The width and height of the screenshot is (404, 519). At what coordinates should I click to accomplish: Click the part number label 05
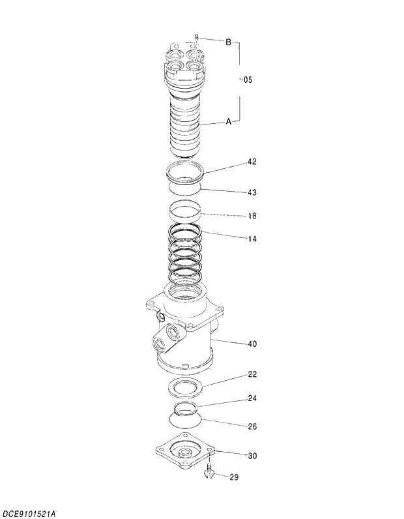pyautogui.click(x=248, y=80)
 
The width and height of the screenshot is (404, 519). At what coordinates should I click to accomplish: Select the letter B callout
pyautogui.click(x=229, y=42)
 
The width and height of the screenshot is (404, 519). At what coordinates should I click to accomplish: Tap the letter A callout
pyautogui.click(x=229, y=121)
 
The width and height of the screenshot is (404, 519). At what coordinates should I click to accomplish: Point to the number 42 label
pyautogui.click(x=252, y=161)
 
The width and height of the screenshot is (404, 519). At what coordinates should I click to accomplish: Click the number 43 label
pyautogui.click(x=252, y=192)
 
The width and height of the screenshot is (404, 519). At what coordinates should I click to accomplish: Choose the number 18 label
pyautogui.click(x=252, y=215)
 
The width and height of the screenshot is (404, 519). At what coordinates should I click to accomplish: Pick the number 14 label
pyautogui.click(x=252, y=239)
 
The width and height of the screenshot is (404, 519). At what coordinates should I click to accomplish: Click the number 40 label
pyautogui.click(x=252, y=343)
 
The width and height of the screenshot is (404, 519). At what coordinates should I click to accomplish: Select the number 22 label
pyautogui.click(x=252, y=374)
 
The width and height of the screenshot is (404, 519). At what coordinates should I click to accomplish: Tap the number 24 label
pyautogui.click(x=252, y=398)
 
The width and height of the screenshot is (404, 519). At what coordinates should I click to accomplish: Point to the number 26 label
pyautogui.click(x=252, y=426)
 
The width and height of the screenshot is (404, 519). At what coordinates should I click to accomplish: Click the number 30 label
pyautogui.click(x=252, y=455)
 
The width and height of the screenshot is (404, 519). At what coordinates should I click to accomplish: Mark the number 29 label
pyautogui.click(x=233, y=477)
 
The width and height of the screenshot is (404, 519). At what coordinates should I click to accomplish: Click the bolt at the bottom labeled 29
pyautogui.click(x=210, y=473)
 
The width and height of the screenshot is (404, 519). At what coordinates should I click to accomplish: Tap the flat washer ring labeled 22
pyautogui.click(x=186, y=387)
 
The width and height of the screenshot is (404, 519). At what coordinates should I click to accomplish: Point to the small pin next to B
pyautogui.click(x=196, y=38)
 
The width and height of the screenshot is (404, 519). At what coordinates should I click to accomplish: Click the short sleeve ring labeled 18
pyautogui.click(x=184, y=211)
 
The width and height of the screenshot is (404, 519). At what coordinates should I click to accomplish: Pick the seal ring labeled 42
pyautogui.click(x=186, y=173)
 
